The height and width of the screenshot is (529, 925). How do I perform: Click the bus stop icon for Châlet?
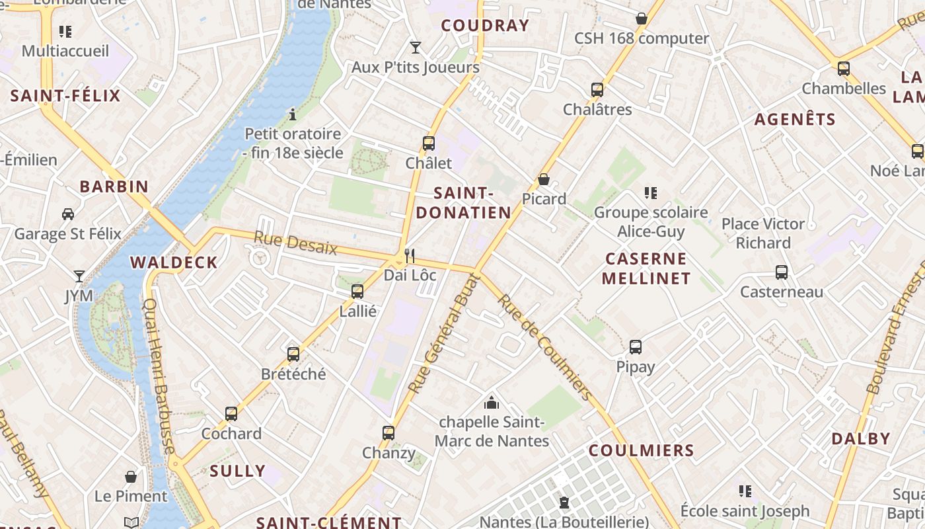coord(429,143)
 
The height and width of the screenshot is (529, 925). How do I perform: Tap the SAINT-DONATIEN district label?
coord(463,203)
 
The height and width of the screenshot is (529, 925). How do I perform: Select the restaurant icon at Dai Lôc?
coord(410,255)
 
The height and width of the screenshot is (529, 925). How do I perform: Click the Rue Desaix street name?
coord(295,243)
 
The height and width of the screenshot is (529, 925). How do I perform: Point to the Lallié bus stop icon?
coord(357,291)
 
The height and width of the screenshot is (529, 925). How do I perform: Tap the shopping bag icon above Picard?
coord(544,179)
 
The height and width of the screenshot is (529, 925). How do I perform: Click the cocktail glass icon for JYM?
coord(79,276)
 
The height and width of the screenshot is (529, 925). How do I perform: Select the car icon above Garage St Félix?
coord(68,214)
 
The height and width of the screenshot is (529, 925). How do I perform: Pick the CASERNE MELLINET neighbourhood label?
coord(646,268)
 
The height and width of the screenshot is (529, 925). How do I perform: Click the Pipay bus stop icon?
coord(636,346)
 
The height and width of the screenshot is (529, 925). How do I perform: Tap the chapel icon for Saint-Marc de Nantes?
coord(492,402)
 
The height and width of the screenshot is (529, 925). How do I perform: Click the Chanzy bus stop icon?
coord(388,433)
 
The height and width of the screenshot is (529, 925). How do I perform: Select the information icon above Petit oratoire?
coord(293,114)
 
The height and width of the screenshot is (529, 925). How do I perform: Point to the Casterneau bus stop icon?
coord(782,272)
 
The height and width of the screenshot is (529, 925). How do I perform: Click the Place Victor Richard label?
coord(763,233)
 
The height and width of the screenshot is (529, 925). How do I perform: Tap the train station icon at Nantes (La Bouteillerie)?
coord(564,503)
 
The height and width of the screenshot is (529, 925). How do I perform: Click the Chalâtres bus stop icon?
coord(597,89)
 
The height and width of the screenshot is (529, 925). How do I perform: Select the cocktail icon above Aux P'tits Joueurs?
coord(416,47)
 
